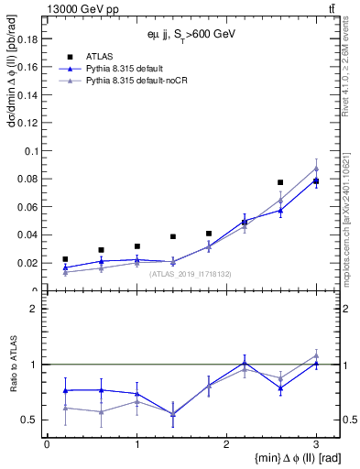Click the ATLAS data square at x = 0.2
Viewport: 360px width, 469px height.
pyautogui.click(x=65, y=259)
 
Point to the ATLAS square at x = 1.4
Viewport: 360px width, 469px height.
pyautogui.click(x=172, y=236)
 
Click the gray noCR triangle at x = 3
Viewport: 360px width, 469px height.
pyautogui.click(x=316, y=169)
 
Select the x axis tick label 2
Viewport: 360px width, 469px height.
pyautogui.click(x=226, y=443)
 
